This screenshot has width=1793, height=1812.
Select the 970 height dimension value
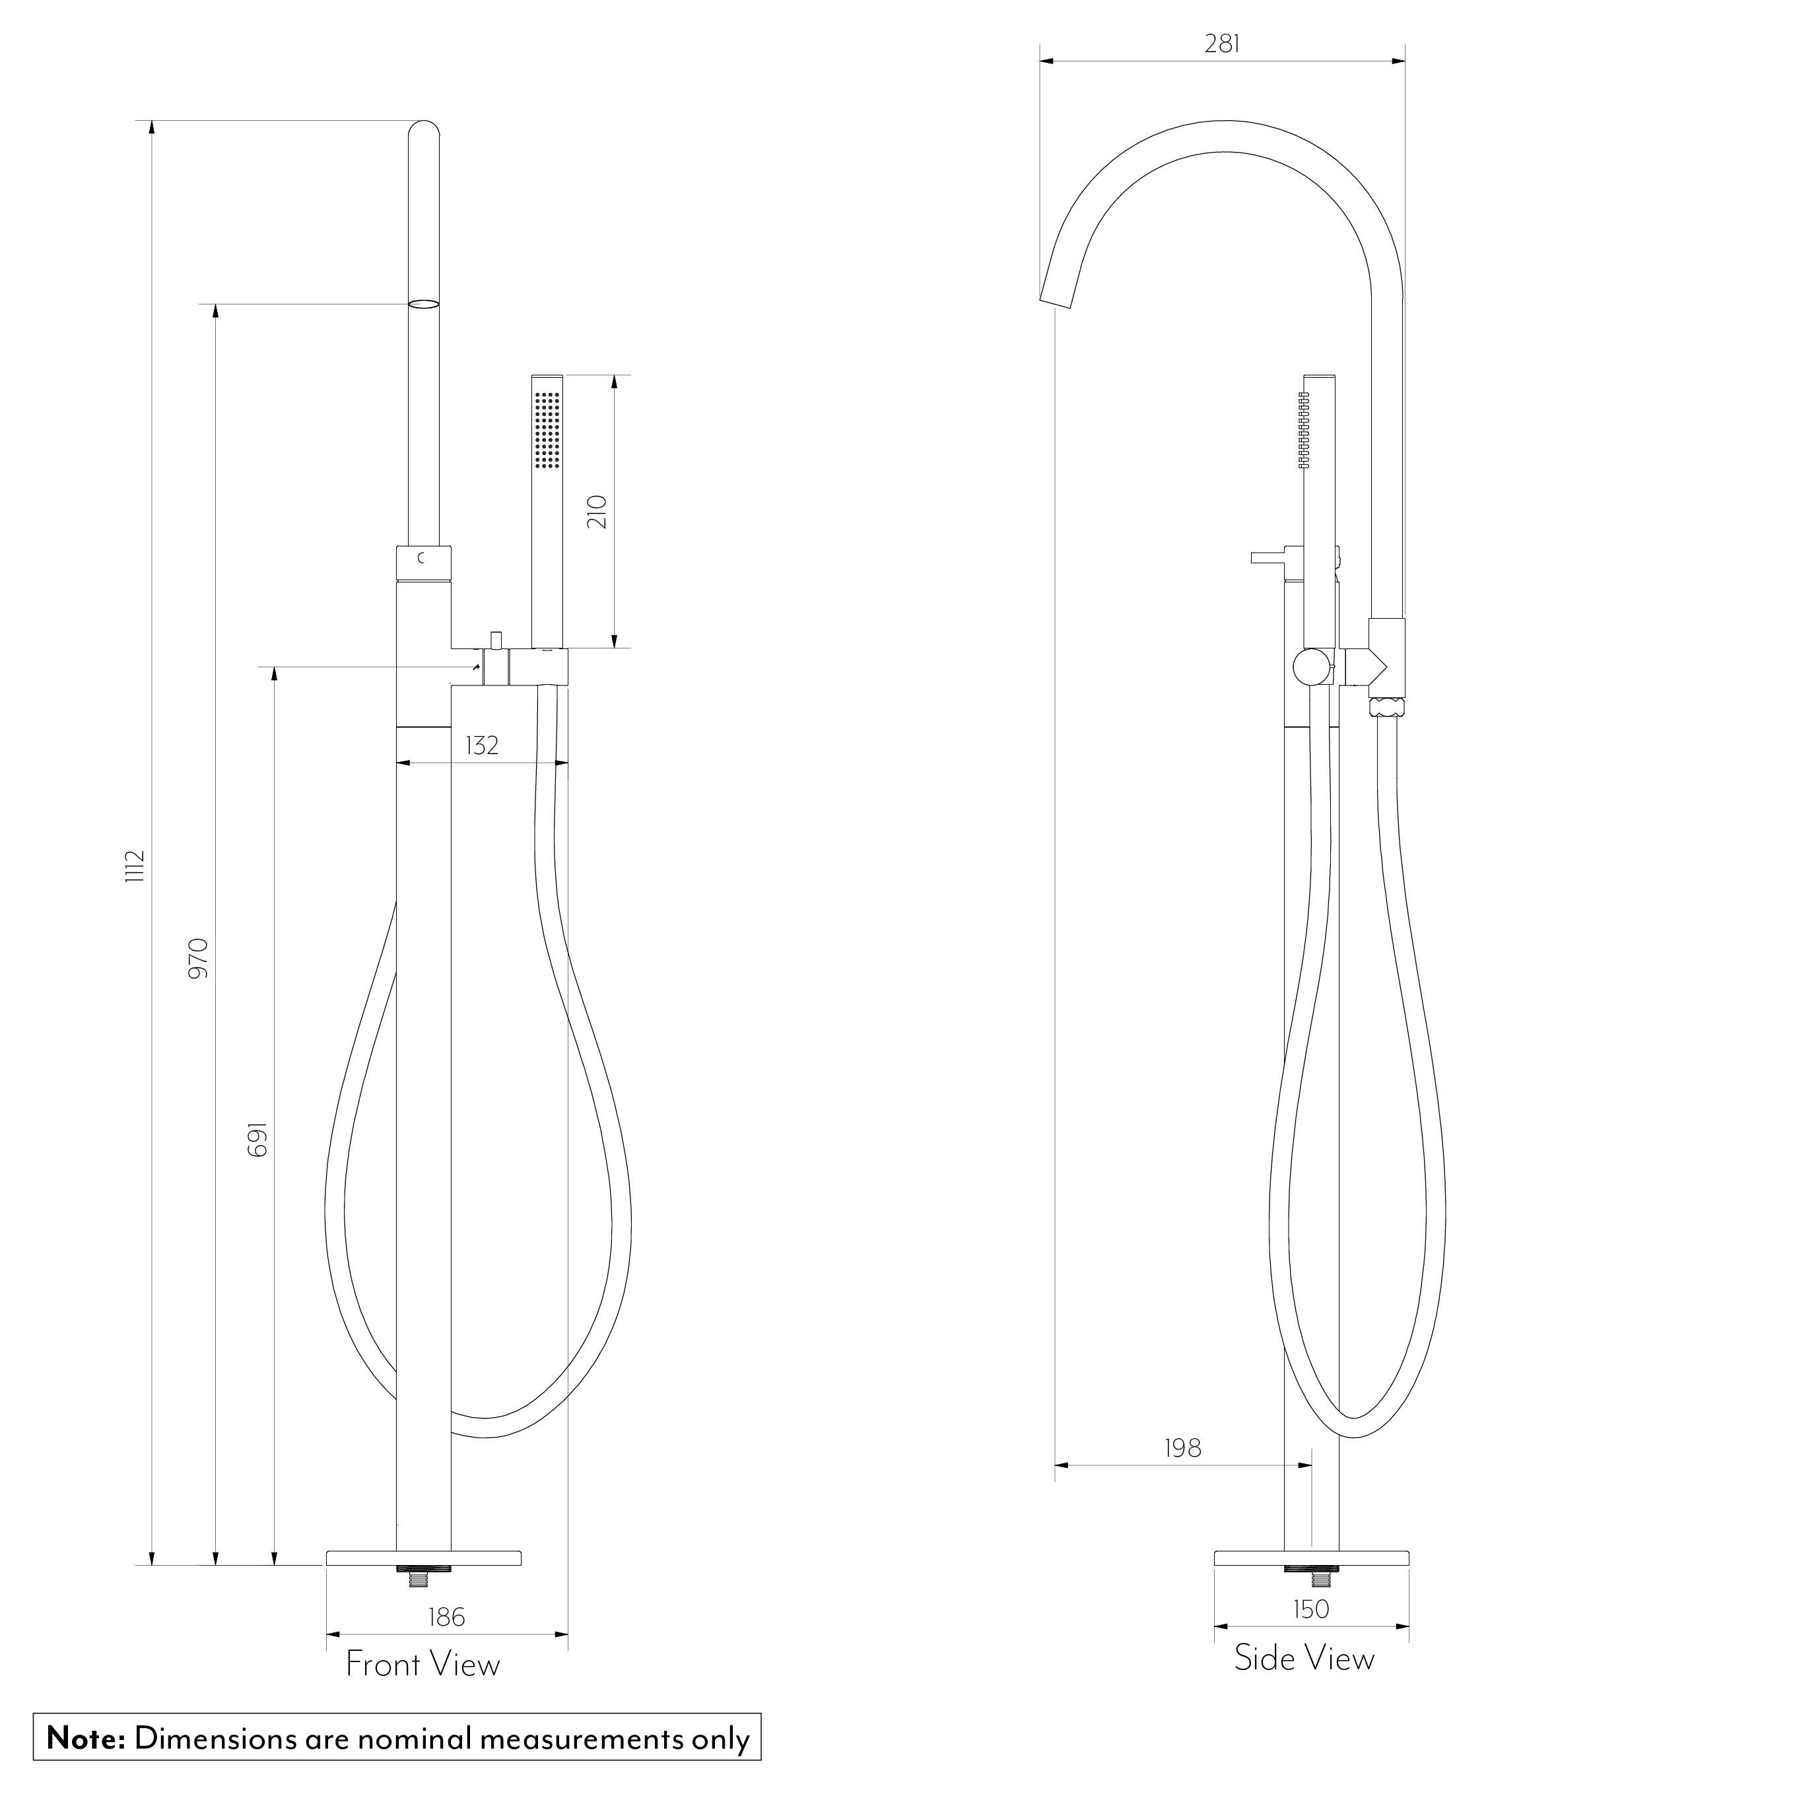pyautogui.click(x=199, y=958)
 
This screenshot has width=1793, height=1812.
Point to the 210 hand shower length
pyautogui.click(x=597, y=511)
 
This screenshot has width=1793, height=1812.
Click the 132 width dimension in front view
pyautogui.click(x=482, y=746)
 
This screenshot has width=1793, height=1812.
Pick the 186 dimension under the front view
pyautogui.click(x=446, y=1617)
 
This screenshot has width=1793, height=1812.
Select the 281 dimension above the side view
pyautogui.click(x=1223, y=44)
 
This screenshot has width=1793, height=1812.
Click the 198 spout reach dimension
pyautogui.click(x=1182, y=1449)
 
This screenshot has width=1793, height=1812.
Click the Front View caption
pyautogui.click(x=423, y=1665)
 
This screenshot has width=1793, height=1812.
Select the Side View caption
pyautogui.click(x=1303, y=1658)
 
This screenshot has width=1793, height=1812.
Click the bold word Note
pyautogui.click(x=85, y=1738)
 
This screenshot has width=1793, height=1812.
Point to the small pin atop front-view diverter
pyautogui.click(x=495, y=640)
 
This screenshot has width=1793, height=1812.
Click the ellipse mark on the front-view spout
pyautogui.click(x=424, y=304)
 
